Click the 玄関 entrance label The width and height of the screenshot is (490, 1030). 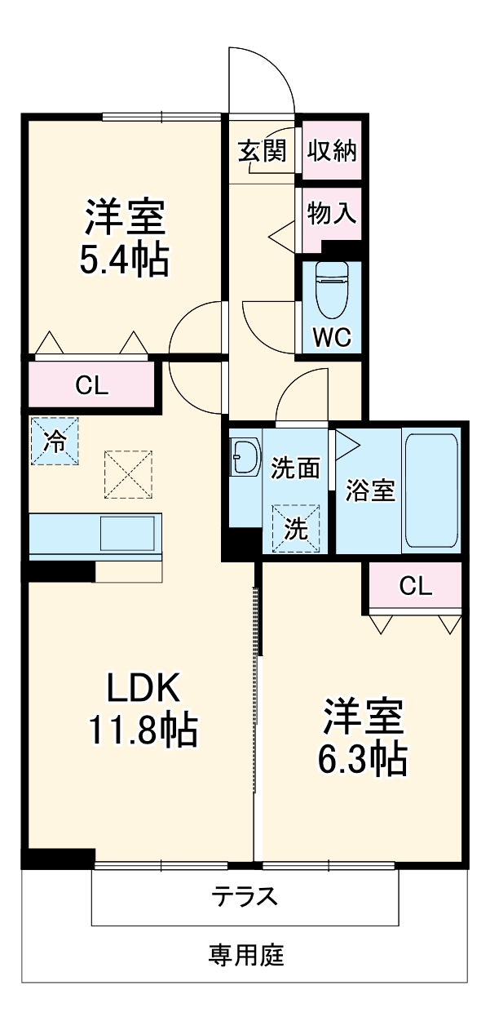[x=262, y=151]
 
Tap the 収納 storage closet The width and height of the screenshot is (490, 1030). [x=333, y=151]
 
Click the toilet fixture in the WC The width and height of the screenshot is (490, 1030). [x=332, y=290]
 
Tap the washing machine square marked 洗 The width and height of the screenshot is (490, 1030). [x=296, y=529]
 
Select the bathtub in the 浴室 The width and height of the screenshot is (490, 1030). [x=431, y=490]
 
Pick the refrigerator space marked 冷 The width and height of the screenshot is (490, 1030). [x=55, y=442]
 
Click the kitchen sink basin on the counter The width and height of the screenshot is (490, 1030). [x=127, y=534]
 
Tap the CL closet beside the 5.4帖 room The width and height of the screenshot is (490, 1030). [x=92, y=386]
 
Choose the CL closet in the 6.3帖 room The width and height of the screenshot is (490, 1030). [x=415, y=586]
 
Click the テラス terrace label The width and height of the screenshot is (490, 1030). [x=245, y=896]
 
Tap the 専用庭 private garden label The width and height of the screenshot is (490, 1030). [x=245, y=954]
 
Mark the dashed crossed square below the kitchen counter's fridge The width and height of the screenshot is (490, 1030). [x=129, y=473]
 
